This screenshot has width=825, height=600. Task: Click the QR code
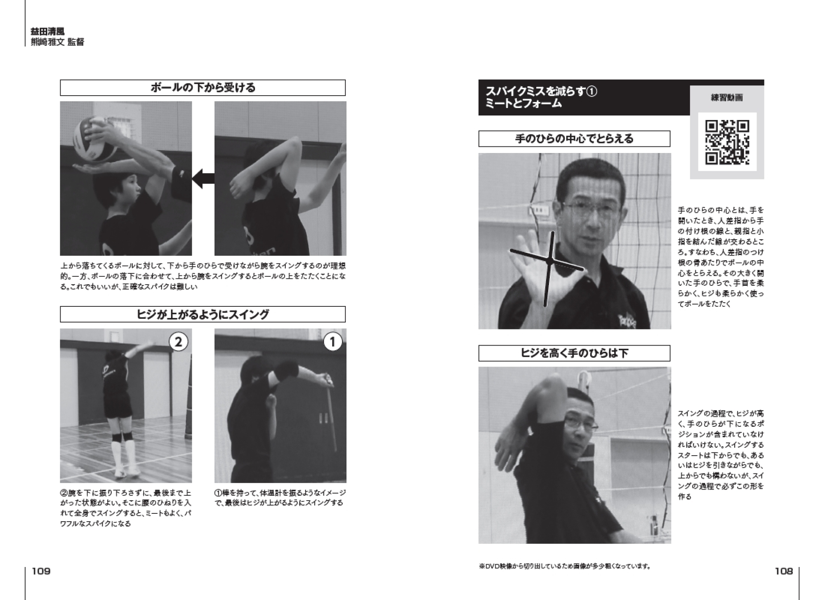click(727, 142)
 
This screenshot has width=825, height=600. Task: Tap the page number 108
click(784, 571)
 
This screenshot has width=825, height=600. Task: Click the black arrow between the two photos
click(203, 178)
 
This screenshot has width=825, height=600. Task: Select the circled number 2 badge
click(178, 342)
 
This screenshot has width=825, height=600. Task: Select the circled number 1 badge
click(332, 342)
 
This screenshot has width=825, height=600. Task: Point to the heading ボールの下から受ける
click(203, 88)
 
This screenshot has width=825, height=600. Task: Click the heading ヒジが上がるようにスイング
click(203, 315)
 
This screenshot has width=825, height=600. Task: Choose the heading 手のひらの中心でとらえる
click(574, 139)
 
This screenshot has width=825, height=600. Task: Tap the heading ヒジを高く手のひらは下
click(574, 353)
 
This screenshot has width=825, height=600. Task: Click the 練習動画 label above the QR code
click(727, 98)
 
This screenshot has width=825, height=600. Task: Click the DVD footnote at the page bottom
click(565, 566)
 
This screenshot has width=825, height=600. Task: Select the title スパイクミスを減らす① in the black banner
click(542, 91)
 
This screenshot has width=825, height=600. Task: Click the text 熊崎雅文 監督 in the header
click(57, 42)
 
